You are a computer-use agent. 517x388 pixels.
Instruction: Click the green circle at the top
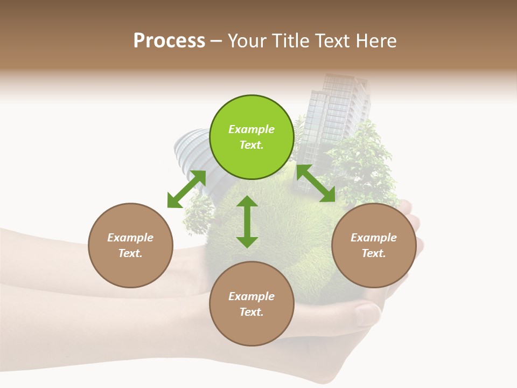[251, 137]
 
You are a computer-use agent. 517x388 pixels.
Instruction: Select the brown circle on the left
[130, 245]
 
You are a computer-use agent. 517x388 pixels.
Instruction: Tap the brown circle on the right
[374, 245]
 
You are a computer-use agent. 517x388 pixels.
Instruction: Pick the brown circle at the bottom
[251, 304]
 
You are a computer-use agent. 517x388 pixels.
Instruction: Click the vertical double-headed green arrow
[247, 222]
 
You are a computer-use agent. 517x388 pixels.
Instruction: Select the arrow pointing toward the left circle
[186, 189]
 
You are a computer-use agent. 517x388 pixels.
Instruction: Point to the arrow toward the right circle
[316, 183]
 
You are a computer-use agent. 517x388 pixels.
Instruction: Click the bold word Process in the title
[169, 41]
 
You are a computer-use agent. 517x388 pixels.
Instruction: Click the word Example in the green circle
[251, 129]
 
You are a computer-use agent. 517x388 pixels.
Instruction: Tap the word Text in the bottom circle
[251, 312]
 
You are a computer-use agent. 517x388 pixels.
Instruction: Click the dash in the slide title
[216, 41]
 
